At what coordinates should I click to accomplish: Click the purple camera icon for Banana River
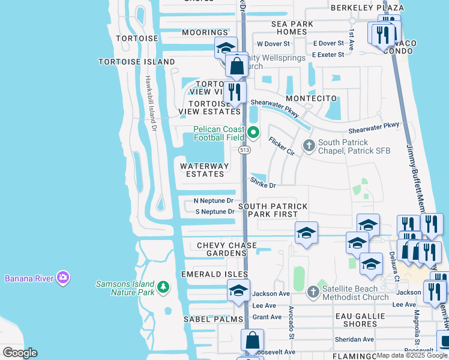coord(63,277)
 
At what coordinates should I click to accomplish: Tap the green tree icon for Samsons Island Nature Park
coord(163,288)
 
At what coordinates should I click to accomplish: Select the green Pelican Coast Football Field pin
coord(253,133)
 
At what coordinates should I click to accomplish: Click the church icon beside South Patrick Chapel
coord(309,145)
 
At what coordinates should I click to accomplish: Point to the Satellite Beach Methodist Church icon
coord(312,292)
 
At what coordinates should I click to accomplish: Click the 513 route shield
coord(244,149)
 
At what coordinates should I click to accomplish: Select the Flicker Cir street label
coord(282,146)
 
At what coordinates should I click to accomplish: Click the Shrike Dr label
coord(263,183)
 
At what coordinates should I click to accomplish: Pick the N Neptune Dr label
coord(214,200)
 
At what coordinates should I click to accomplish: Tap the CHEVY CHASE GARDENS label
coord(226,250)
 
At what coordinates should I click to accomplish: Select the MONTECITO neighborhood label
coord(309,98)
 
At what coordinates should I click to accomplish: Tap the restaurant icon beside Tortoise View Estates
coord(234,92)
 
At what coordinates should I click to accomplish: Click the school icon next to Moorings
coord(226,47)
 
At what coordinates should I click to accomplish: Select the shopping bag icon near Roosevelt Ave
coord(252,340)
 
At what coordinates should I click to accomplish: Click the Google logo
coord(20,353)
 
